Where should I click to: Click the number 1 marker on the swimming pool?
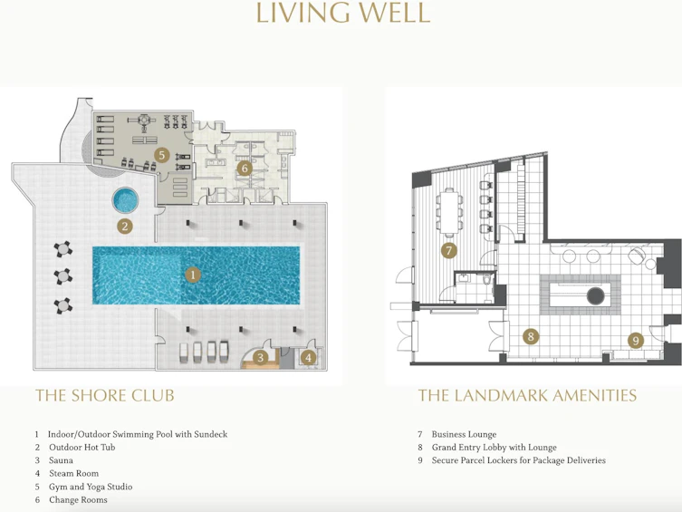point(193,275)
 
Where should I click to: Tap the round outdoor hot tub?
point(125,199)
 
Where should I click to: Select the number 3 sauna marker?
point(260,358)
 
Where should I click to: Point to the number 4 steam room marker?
point(308,358)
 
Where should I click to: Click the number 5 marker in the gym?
point(161,155)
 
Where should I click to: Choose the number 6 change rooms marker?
point(245,169)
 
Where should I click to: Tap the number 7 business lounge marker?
point(449,250)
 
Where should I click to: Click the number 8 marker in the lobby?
point(531,336)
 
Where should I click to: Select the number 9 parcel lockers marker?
point(636,340)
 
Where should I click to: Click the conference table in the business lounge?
point(449,211)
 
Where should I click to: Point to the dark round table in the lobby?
point(595,295)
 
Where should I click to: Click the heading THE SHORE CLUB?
point(105,395)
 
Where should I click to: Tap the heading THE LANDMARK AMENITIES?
point(527,395)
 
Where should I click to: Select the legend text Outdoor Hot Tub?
point(82,447)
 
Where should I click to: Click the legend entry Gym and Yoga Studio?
point(91,487)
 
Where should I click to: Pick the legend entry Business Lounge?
point(464,434)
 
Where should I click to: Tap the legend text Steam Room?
point(73,473)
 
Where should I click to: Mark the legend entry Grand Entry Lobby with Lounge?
point(495,447)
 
